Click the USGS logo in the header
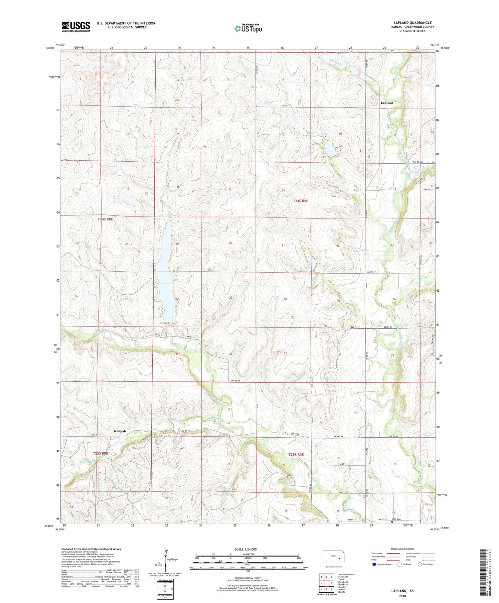click(76, 27)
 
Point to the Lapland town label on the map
click(387, 103)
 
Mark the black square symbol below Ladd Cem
click(392, 522)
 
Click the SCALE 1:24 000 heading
click(248, 549)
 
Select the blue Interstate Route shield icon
click(374, 564)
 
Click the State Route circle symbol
click(420, 564)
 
